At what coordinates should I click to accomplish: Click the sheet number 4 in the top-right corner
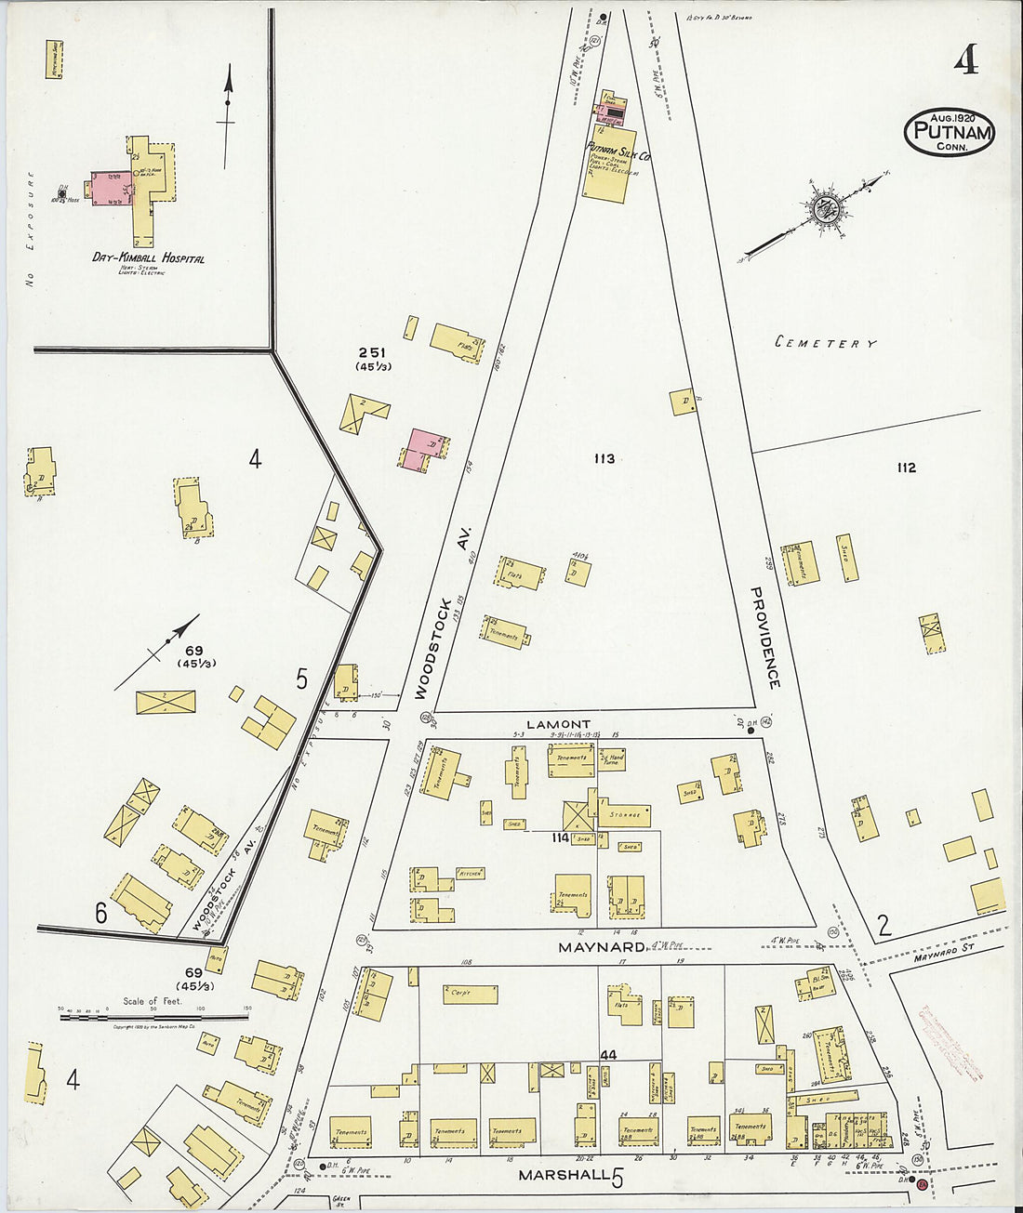click(965, 60)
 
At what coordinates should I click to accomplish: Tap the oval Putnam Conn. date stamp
click(949, 131)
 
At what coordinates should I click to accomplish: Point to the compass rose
click(823, 208)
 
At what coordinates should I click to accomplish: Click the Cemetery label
click(826, 343)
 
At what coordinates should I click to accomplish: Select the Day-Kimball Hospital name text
click(148, 258)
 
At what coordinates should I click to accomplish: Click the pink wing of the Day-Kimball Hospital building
click(110, 188)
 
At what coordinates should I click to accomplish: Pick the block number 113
click(604, 458)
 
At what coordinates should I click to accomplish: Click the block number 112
click(906, 468)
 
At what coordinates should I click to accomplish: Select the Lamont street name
click(558, 724)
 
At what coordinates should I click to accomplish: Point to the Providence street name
click(766, 638)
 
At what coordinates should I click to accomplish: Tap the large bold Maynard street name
click(601, 947)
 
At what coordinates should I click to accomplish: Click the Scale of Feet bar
click(154, 1017)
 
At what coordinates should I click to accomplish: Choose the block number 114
click(560, 837)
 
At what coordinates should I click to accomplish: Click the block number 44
click(609, 1055)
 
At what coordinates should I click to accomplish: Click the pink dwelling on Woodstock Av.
click(424, 447)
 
